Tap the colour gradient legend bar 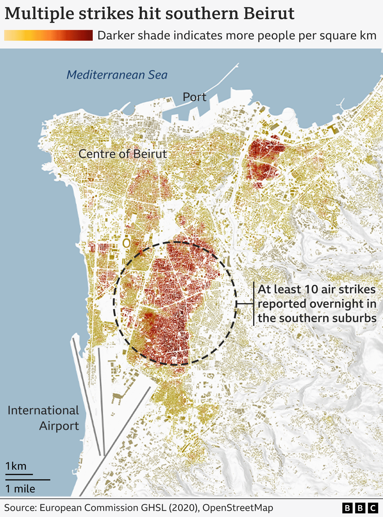(48, 35)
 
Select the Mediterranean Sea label (117, 75)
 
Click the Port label (194, 97)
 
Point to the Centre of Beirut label (123, 154)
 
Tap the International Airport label (44, 418)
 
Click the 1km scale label (16, 466)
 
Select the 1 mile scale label (20, 489)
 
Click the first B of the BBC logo (347, 508)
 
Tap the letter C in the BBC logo (373, 508)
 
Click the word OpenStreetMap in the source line (238, 508)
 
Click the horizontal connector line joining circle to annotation (245, 304)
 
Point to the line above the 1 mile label (28, 480)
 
